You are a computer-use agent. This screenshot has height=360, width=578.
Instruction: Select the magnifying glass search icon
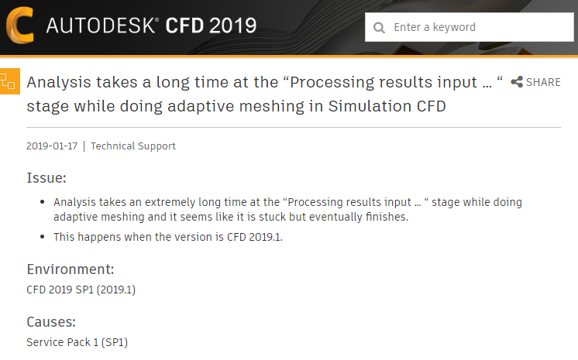(x=379, y=28)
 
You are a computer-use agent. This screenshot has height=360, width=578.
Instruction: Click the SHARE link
(x=543, y=82)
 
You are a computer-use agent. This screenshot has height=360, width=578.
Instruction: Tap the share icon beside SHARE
(x=517, y=82)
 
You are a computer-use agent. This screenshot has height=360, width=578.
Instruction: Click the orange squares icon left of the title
(x=9, y=81)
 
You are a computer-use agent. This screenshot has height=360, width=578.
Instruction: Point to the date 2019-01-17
(x=52, y=146)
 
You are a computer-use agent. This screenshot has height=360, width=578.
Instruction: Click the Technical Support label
(x=133, y=146)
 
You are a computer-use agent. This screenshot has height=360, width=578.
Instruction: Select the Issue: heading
(x=46, y=178)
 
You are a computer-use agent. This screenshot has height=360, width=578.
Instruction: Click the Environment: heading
(x=71, y=269)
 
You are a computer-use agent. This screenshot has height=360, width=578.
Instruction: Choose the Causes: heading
(x=51, y=321)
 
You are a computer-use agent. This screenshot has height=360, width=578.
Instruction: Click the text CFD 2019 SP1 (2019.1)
(x=81, y=290)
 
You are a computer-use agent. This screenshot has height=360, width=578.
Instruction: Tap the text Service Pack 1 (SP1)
(x=77, y=341)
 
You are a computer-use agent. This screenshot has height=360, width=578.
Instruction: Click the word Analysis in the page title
(x=58, y=82)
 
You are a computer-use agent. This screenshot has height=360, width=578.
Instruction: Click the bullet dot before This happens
(x=42, y=237)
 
